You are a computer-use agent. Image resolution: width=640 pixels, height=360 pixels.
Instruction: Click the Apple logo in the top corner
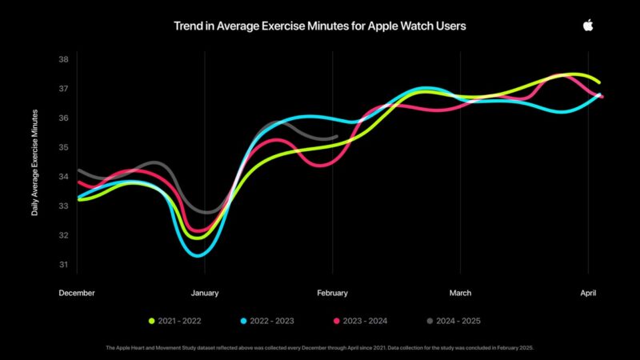[x=588, y=26]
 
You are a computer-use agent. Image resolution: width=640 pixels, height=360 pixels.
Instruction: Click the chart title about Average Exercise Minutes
[x=320, y=26]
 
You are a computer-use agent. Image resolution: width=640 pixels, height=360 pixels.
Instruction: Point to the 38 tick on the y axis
[x=63, y=60]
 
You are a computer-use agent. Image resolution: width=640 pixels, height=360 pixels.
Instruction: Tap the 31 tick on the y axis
[x=63, y=265]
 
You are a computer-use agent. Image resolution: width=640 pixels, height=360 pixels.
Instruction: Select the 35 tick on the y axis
[x=63, y=148]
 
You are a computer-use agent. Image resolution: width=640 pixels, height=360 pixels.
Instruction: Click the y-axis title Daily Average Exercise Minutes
[x=34, y=162]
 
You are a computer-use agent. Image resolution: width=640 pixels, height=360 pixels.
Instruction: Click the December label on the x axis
[x=77, y=294]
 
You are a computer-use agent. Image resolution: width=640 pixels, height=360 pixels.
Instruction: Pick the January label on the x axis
[x=205, y=294]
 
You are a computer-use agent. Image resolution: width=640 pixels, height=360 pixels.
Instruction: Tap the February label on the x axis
[x=332, y=294]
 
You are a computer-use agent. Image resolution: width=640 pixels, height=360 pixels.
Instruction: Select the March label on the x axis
[x=460, y=294]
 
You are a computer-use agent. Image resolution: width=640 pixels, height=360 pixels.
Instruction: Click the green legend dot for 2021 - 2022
[x=151, y=321]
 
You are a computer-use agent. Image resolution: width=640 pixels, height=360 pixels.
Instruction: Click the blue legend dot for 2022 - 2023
[x=242, y=321]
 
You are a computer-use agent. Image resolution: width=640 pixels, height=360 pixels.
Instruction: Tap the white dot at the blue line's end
[x=597, y=95]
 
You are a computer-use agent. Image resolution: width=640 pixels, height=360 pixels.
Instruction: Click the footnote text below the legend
[x=320, y=348]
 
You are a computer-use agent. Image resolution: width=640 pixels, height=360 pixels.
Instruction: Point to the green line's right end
[x=599, y=82]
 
